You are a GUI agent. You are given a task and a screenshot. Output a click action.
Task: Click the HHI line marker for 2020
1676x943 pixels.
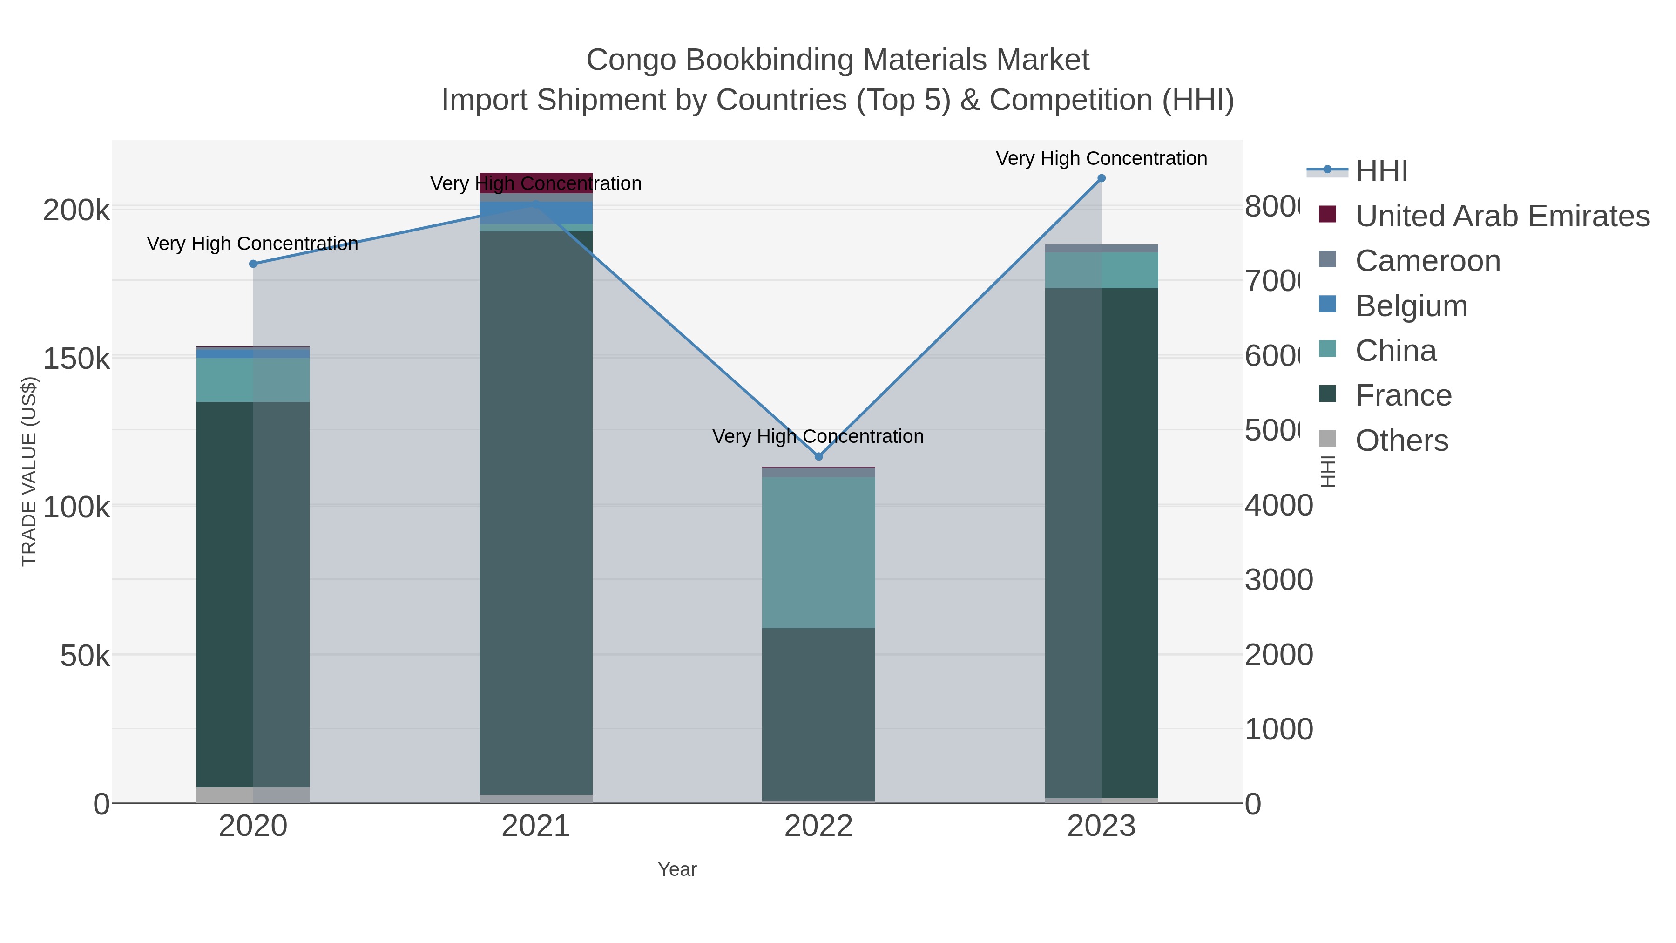pyautogui.click(x=253, y=264)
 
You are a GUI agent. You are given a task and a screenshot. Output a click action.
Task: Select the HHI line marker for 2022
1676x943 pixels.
pyautogui.click(x=818, y=457)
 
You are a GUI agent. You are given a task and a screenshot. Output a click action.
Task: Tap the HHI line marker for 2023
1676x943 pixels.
pyautogui.click(x=1102, y=178)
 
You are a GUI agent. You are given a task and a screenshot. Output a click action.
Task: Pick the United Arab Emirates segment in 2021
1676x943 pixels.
pyautogui.click(x=535, y=183)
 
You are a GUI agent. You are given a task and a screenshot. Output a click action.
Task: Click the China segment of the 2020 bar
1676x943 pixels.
pyautogui.click(x=253, y=380)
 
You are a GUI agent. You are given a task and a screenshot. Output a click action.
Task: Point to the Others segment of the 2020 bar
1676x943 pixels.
pyautogui.click(x=253, y=795)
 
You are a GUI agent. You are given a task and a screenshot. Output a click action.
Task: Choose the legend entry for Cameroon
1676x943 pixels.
pyautogui.click(x=1427, y=261)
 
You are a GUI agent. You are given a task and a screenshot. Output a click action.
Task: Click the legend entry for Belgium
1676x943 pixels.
pyautogui.click(x=1411, y=306)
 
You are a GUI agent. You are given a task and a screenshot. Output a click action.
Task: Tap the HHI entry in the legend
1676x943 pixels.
pyautogui.click(x=1381, y=171)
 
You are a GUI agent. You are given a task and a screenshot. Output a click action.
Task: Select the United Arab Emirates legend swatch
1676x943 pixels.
pyautogui.click(x=1327, y=215)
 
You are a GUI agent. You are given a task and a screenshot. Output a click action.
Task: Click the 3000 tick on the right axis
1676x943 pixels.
pyautogui.click(x=1278, y=580)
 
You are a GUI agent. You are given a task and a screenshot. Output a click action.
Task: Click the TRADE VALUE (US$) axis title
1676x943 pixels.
pyautogui.click(x=29, y=471)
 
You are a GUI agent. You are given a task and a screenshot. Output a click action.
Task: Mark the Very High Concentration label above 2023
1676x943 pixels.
pyautogui.click(x=1102, y=158)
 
